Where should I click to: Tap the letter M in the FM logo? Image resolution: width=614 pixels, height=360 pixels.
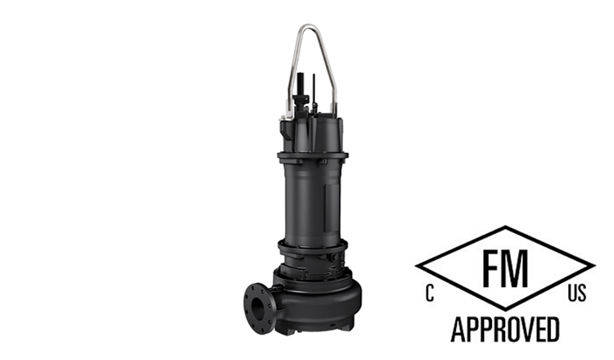pyautogui.click(x=521, y=268)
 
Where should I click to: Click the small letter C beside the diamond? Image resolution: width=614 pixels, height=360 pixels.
pyautogui.click(x=429, y=294)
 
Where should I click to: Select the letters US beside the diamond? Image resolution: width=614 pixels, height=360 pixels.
pyautogui.click(x=576, y=294)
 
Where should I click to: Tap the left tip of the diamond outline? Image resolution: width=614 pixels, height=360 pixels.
pyautogui.click(x=417, y=268)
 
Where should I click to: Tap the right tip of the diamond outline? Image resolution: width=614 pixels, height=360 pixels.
pyautogui.click(x=594, y=268)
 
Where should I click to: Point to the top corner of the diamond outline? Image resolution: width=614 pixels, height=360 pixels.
pyautogui.click(x=505, y=227)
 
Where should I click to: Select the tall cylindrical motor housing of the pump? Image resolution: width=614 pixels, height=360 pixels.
pyautogui.click(x=312, y=196)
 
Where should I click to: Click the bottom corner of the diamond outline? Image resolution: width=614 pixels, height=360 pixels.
pyautogui.click(x=505, y=309)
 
